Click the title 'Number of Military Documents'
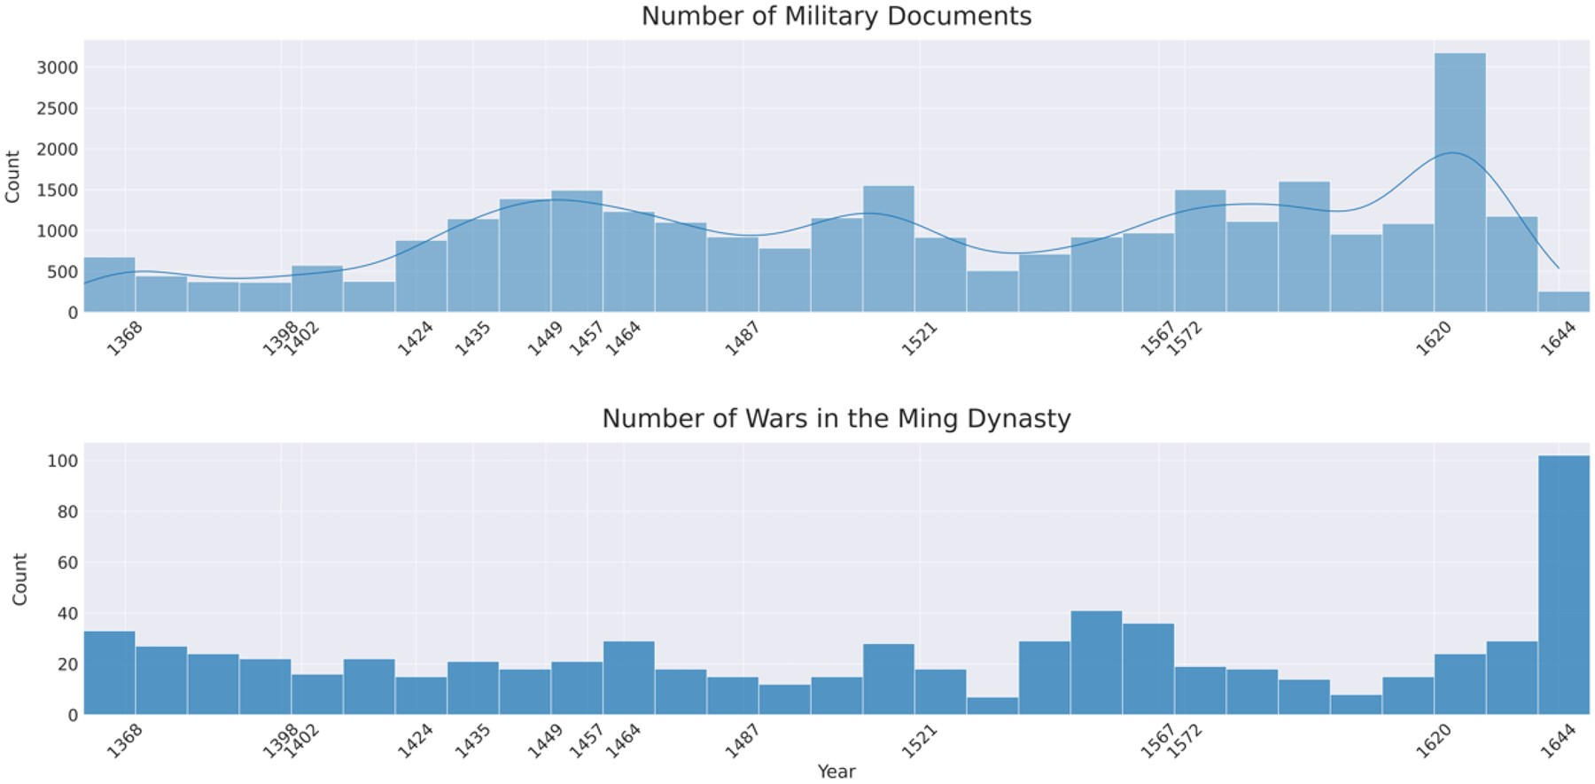point(836,17)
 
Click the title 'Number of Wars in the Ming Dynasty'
point(836,418)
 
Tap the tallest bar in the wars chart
point(1563,585)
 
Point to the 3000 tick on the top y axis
point(57,67)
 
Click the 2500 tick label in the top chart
point(57,108)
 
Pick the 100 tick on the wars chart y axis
point(64,461)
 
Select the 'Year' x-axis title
point(836,772)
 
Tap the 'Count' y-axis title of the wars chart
point(19,579)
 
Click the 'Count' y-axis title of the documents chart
point(12,176)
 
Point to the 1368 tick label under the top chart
point(124,338)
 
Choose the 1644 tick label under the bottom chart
point(1558,741)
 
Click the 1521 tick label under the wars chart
point(919,741)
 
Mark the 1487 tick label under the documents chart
point(743,338)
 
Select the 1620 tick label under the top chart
point(1433,338)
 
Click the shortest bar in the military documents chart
point(1563,302)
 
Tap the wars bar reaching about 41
point(1096,663)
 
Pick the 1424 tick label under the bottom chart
point(415,741)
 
